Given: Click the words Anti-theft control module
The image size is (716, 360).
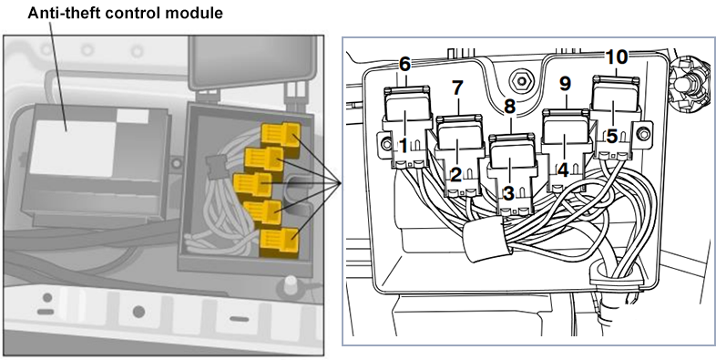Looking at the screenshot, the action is [125, 12].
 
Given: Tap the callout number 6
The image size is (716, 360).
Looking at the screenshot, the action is [404, 65].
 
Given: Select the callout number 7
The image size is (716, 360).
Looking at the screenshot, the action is [457, 87].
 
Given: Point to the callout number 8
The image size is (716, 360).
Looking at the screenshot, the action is [509, 107].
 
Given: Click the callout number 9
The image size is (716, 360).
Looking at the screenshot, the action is [566, 84].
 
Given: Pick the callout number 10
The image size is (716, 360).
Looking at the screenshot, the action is [617, 57].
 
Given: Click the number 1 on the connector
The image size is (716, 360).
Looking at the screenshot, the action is [404, 146].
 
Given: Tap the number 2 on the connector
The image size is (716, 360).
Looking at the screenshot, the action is [455, 174].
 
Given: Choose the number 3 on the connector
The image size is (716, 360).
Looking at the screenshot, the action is [508, 193].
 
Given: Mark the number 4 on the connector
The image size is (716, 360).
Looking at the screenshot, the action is [563, 170].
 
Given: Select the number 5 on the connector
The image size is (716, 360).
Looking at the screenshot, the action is [612, 136].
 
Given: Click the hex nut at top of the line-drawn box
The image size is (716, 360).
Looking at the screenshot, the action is [520, 82].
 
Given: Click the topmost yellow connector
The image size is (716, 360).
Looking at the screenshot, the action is [281, 135].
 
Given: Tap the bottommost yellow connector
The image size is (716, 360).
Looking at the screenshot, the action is [279, 242].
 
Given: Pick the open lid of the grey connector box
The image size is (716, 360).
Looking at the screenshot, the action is [253, 62].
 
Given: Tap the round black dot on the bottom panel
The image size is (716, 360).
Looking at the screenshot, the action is [138, 312].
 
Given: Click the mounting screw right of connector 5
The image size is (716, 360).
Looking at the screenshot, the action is [643, 134].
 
